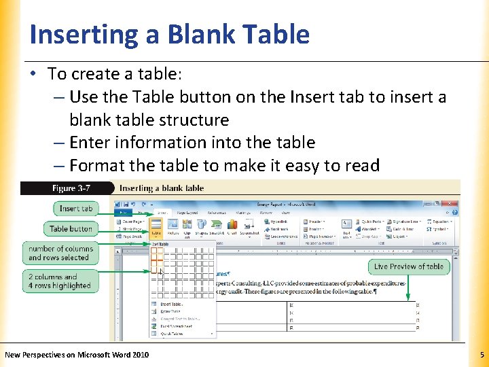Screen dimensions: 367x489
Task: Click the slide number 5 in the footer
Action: [x=482, y=355]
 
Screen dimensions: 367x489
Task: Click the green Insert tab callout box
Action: [x=75, y=209]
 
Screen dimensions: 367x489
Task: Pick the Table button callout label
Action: [x=71, y=229]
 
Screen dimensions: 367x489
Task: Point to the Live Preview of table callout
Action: [x=409, y=266]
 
